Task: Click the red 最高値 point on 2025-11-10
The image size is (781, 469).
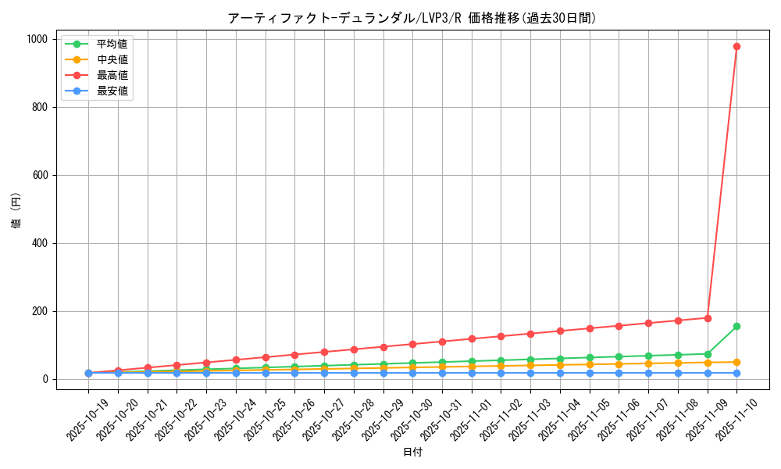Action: pyautogui.click(x=736, y=46)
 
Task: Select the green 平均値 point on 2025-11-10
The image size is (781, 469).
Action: pyautogui.click(x=736, y=326)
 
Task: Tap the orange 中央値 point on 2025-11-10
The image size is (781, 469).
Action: pyautogui.click(x=736, y=362)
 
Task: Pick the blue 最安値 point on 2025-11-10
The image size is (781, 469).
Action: pyautogui.click(x=736, y=373)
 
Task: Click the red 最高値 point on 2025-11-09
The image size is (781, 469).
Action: pyautogui.click(x=708, y=318)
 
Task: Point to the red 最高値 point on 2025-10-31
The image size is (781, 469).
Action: pyautogui.click(x=442, y=342)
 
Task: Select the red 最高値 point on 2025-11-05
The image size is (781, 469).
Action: pyautogui.click(x=590, y=328)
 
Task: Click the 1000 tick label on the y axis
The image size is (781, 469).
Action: pyautogui.click(x=36, y=39)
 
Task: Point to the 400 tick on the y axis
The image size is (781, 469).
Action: pyautogui.click(x=39, y=243)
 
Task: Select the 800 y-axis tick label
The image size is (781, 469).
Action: pyautogui.click(x=39, y=107)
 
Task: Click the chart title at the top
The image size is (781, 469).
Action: pyautogui.click(x=412, y=18)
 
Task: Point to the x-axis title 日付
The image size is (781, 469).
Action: pyautogui.click(x=412, y=453)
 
